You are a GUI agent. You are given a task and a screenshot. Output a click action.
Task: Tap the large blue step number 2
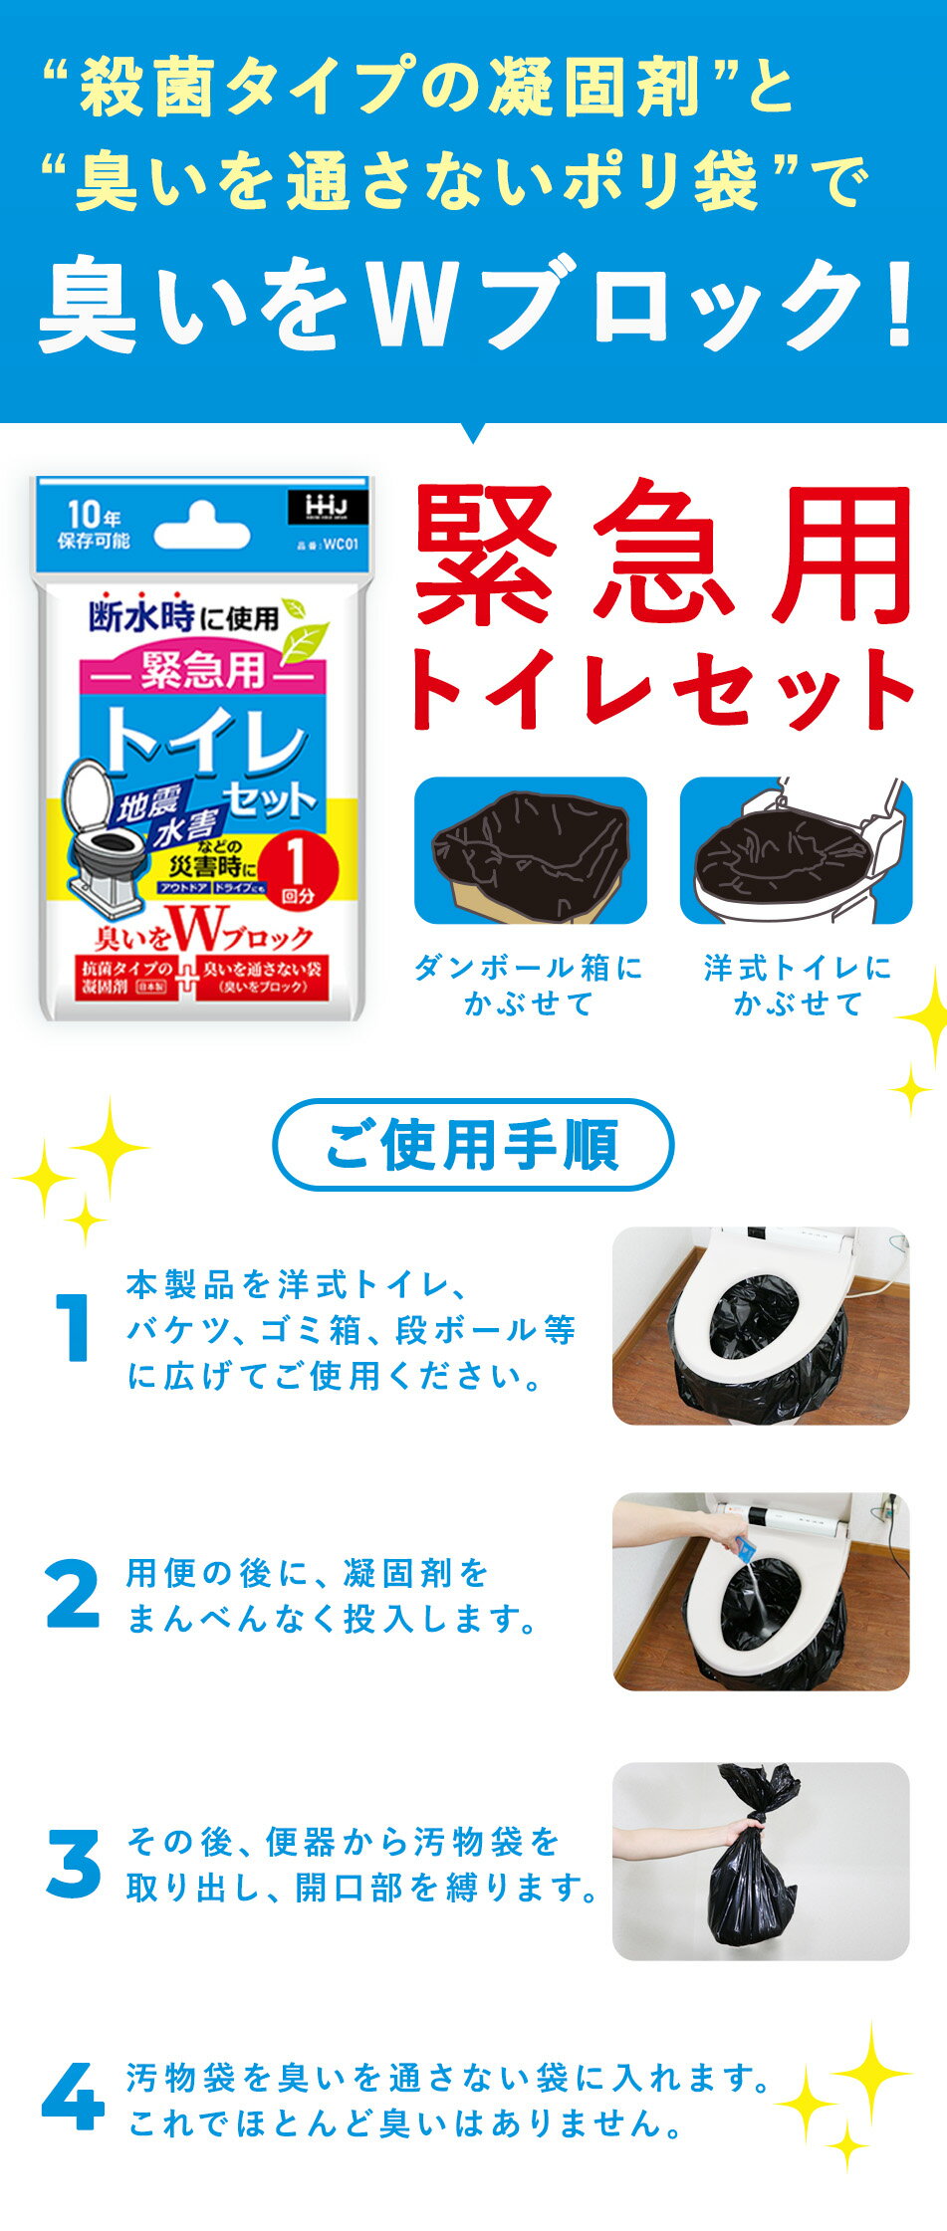pyautogui.click(x=73, y=1595)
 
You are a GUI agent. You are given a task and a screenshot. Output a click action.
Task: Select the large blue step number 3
pyautogui.click(x=73, y=1863)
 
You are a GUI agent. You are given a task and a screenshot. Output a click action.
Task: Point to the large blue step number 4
pyautogui.click(x=73, y=2098)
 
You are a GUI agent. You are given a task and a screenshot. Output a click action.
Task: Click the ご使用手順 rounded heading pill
pyautogui.click(x=473, y=1145)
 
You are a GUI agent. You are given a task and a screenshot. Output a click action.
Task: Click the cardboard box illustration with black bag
pyautogui.click(x=530, y=850)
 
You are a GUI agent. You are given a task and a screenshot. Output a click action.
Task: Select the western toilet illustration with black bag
pyautogui.click(x=796, y=850)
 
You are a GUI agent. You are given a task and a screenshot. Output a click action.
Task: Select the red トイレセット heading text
pyautogui.click(x=661, y=689)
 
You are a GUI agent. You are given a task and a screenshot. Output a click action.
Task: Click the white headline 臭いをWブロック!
pyautogui.click(x=476, y=304)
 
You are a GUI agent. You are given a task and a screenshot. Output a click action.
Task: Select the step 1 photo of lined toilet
pyautogui.click(x=761, y=1325)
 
